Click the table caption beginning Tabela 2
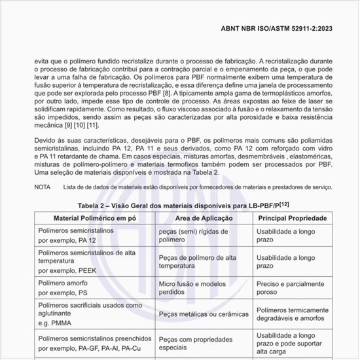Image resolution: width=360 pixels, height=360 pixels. (x=174, y=204)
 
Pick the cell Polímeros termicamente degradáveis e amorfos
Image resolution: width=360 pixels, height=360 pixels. (x=295, y=315)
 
